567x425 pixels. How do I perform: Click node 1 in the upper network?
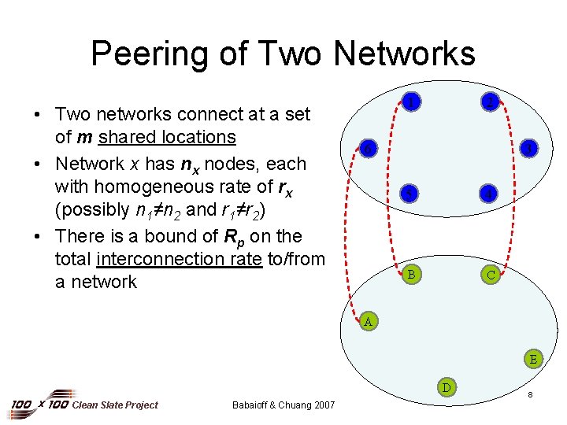[409, 101]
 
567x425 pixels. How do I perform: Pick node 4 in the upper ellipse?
[490, 194]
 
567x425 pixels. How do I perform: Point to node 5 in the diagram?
[409, 193]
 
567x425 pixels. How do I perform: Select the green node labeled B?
[409, 275]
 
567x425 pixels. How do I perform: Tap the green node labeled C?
[491, 275]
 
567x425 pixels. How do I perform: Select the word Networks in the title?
[404, 54]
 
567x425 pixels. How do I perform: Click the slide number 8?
[532, 394]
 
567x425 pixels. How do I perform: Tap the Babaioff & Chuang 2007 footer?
[283, 405]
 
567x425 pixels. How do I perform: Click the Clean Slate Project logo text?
[114, 405]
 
